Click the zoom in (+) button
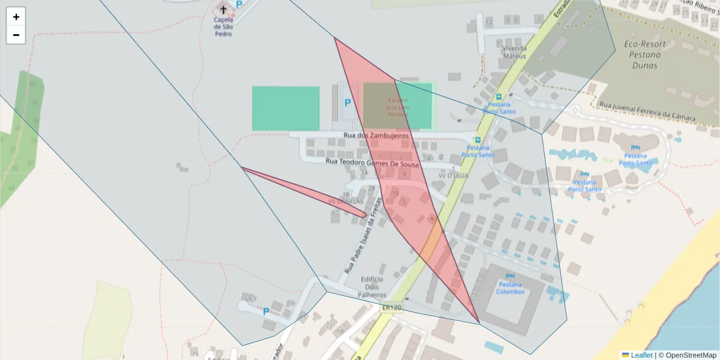[x=16, y=17]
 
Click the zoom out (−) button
[x=16, y=35]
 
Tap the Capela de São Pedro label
[x=223, y=26]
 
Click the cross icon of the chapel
[x=224, y=9]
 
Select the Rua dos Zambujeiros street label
[x=376, y=136]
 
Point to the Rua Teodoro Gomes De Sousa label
[x=372, y=161]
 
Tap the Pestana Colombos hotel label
[x=510, y=288]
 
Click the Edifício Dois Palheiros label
[x=372, y=287]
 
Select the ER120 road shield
[x=391, y=308]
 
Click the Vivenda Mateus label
[x=514, y=52]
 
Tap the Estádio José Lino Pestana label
[x=398, y=107]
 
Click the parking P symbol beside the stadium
[x=347, y=103]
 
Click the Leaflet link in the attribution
[x=641, y=355]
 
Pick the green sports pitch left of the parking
[x=286, y=108]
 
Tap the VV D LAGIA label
[x=453, y=176]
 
